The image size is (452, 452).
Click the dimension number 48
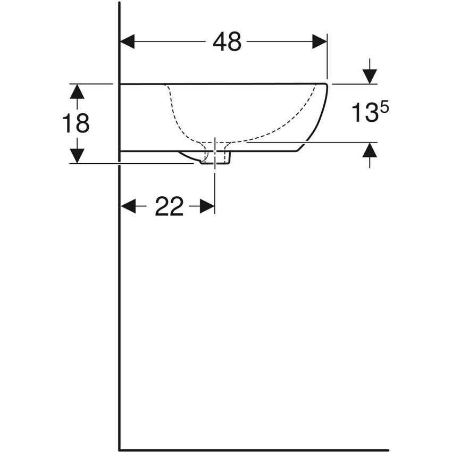227,42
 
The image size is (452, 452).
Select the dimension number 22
169,206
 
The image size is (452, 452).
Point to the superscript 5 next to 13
385,108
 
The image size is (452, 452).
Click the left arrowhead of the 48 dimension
128,42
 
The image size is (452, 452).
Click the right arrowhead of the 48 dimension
320,42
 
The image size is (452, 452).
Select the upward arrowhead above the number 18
77,91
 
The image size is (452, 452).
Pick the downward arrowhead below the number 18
77,156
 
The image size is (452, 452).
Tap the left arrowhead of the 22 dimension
128,206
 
